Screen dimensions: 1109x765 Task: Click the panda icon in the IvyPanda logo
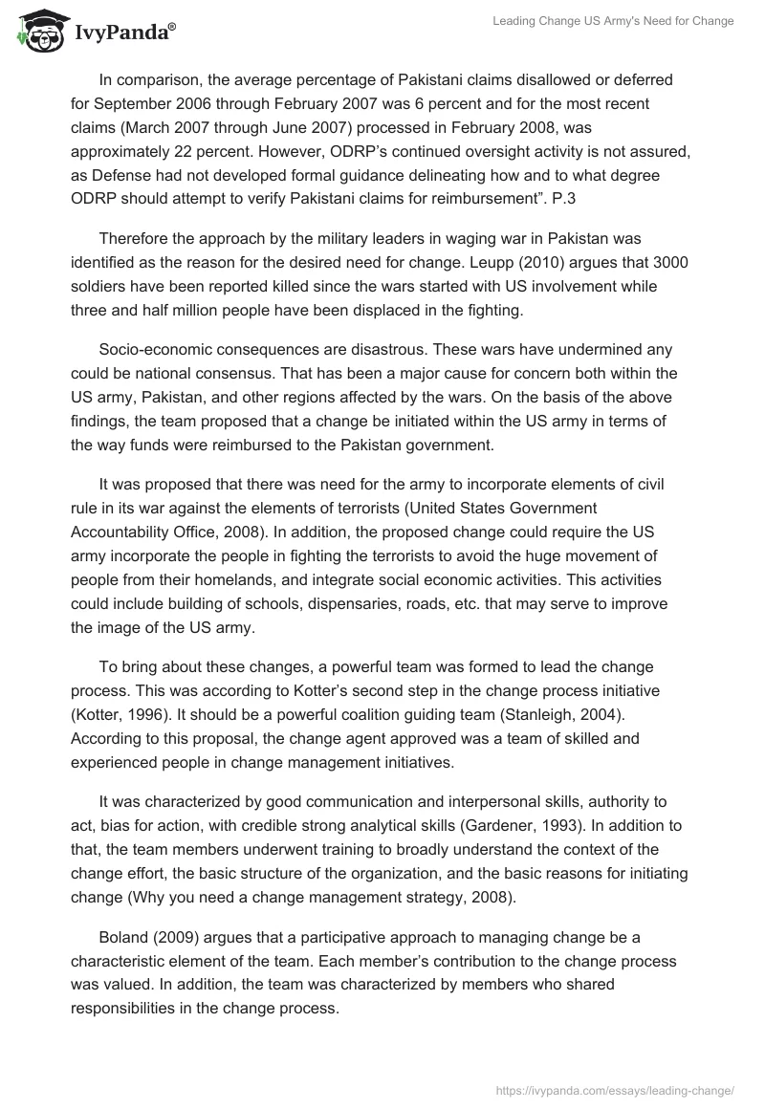point(36,33)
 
